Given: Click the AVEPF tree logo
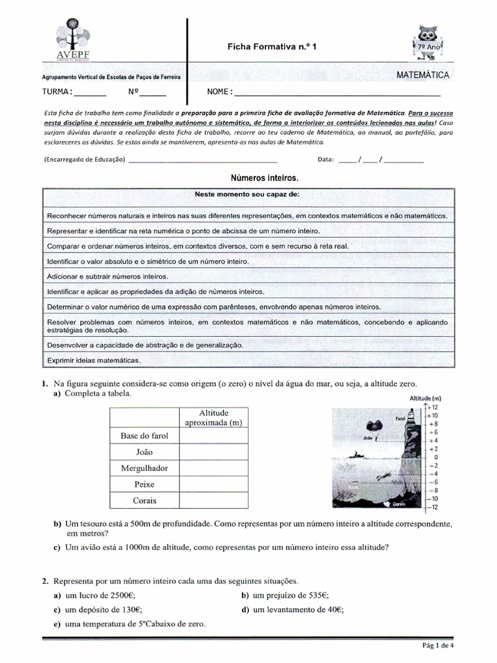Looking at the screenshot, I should tap(76, 38).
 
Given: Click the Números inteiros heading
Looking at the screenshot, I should tap(265, 177).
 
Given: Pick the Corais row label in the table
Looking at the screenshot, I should tap(144, 500).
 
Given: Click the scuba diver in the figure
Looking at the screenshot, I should tap(386, 477).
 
